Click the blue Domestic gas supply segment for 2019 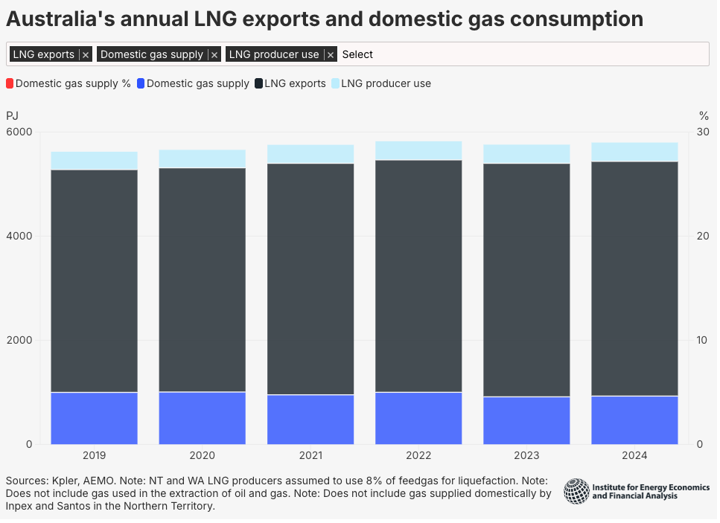(95, 418)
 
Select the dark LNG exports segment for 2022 (418, 275)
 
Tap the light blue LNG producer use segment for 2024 (634, 152)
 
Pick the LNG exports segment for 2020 (203, 279)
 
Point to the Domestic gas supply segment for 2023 (526, 420)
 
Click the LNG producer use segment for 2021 (310, 154)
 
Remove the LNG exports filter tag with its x (86, 55)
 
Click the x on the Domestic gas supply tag (214, 55)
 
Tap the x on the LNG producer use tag (331, 55)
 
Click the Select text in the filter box (357, 54)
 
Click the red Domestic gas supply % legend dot (10, 83)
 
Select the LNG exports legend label (295, 83)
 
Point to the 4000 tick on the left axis (20, 237)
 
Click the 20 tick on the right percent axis (702, 237)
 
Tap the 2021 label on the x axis (310, 455)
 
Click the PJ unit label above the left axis (13, 115)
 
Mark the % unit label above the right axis (704, 115)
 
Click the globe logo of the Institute (576, 492)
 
